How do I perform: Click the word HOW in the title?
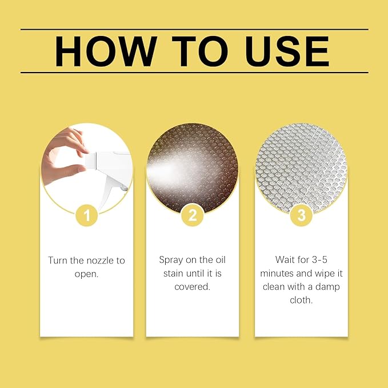pos(106,51)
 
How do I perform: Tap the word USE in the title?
pos(287,51)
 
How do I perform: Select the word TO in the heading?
pos(200,51)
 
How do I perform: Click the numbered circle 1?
pos(87,215)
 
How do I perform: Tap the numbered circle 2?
pos(193,215)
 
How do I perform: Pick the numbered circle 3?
pos(301,215)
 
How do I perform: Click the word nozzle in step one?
pos(97,261)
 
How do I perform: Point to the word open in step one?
pos(85,274)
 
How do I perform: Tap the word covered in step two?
pos(191,287)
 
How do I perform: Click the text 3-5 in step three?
pos(319,260)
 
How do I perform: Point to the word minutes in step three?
pos(277,274)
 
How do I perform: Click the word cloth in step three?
pos(301,300)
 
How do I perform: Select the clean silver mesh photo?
pos(301,169)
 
